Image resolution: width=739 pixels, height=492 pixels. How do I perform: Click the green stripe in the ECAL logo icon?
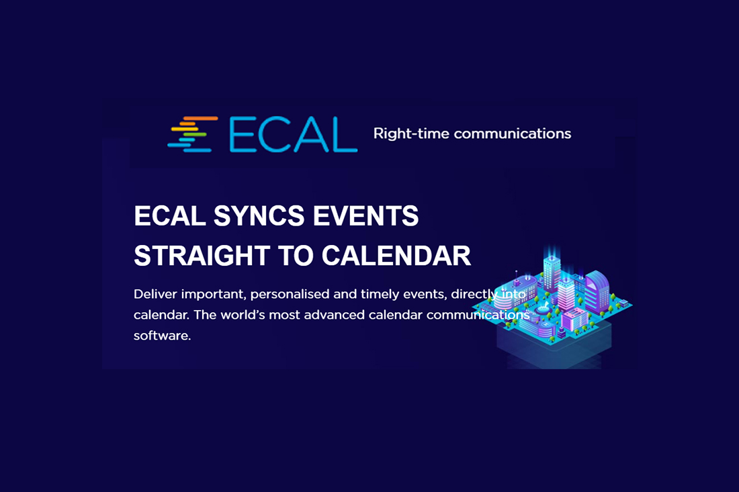[193, 135]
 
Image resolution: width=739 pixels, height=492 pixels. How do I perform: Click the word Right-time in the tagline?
[411, 134]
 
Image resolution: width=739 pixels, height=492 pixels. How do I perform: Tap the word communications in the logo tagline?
[513, 134]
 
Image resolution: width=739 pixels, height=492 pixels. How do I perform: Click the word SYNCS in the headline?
[259, 216]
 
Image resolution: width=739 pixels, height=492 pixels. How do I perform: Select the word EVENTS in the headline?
[365, 216]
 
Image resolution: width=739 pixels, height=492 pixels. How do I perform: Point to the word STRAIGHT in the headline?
[202, 256]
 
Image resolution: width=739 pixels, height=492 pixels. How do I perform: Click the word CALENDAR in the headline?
[396, 256]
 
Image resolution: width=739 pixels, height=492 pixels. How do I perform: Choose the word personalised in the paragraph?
[290, 295]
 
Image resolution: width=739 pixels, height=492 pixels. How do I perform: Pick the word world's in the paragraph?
[243, 315]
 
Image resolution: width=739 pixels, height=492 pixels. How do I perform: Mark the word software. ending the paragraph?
[162, 336]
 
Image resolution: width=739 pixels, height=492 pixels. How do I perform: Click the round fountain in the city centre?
[543, 310]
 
